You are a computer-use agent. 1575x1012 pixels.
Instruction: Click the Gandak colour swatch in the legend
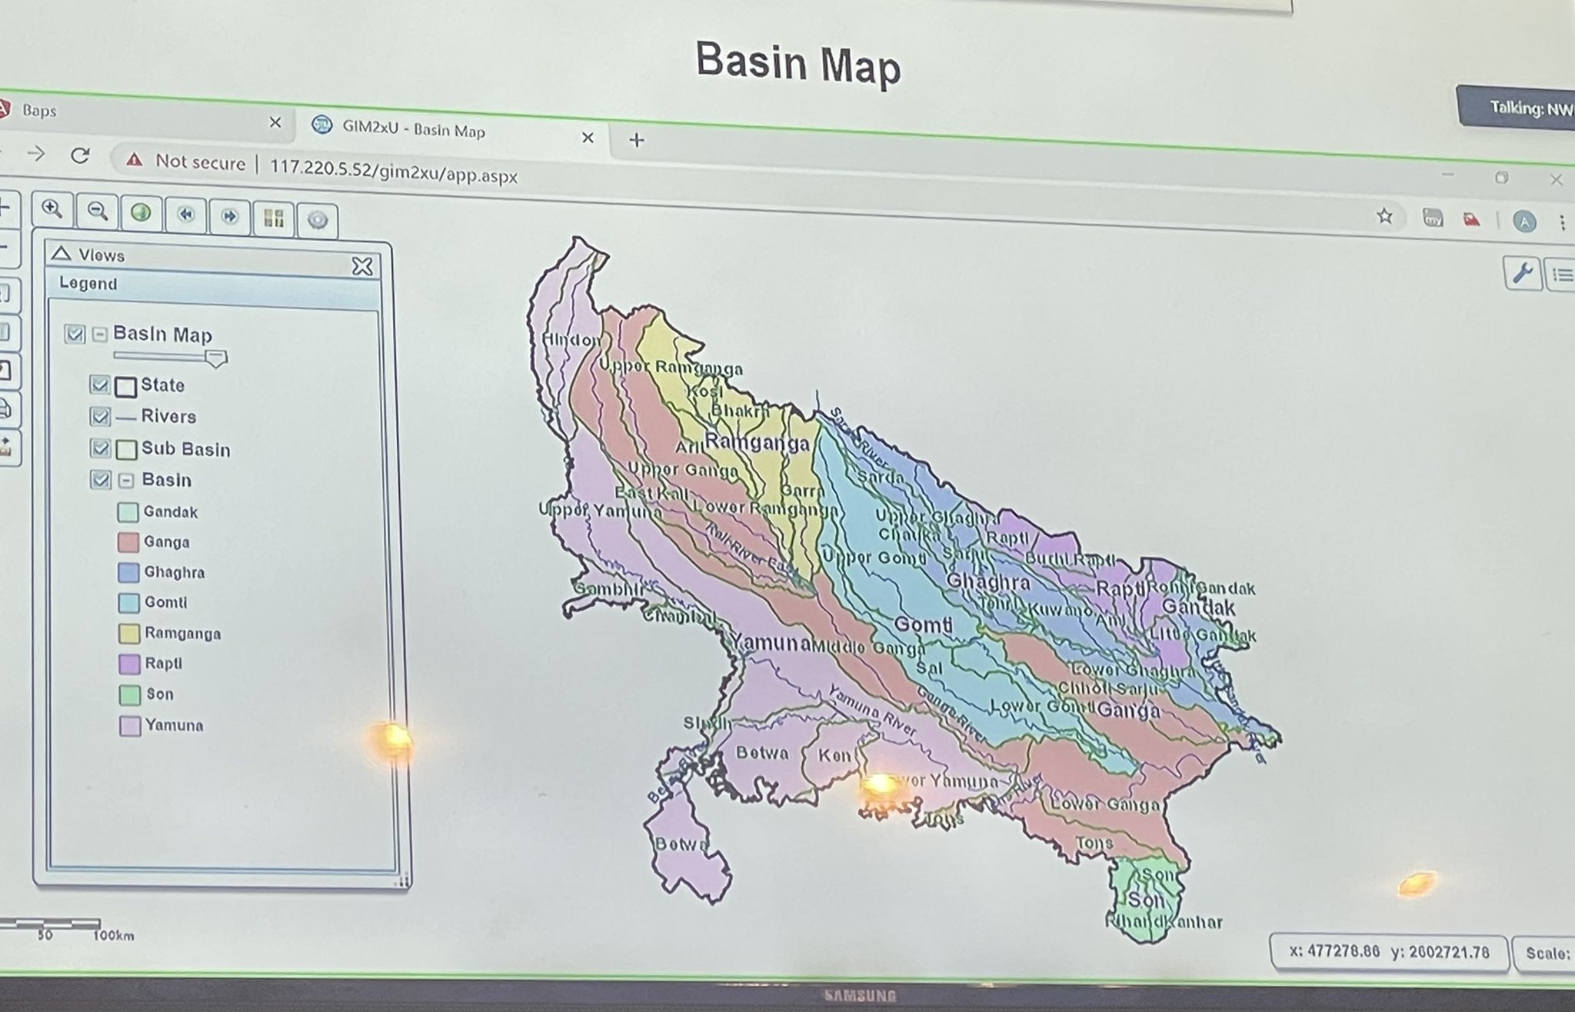[128, 512]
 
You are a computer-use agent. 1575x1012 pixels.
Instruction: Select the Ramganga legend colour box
[129, 634]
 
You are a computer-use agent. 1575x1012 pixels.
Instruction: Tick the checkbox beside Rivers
[100, 416]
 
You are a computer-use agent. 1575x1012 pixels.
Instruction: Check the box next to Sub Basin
[100, 448]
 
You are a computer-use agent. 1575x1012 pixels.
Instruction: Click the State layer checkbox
[99, 384]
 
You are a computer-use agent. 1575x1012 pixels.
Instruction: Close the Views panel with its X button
[362, 266]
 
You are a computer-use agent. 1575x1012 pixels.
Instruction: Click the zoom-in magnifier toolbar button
[52, 209]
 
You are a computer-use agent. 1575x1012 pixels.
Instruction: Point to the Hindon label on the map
[571, 339]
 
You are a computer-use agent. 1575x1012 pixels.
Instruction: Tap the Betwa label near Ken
[762, 753]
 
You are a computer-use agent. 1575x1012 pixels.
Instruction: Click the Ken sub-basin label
[834, 755]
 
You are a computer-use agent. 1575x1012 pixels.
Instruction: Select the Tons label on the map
[1094, 843]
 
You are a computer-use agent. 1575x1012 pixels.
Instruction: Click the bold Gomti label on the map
[924, 624]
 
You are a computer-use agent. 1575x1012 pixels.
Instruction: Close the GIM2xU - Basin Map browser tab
[588, 138]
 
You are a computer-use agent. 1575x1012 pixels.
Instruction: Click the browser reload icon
[80, 156]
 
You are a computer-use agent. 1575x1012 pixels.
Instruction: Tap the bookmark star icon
[1385, 216]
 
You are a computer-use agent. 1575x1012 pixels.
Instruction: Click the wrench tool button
[1522, 273]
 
